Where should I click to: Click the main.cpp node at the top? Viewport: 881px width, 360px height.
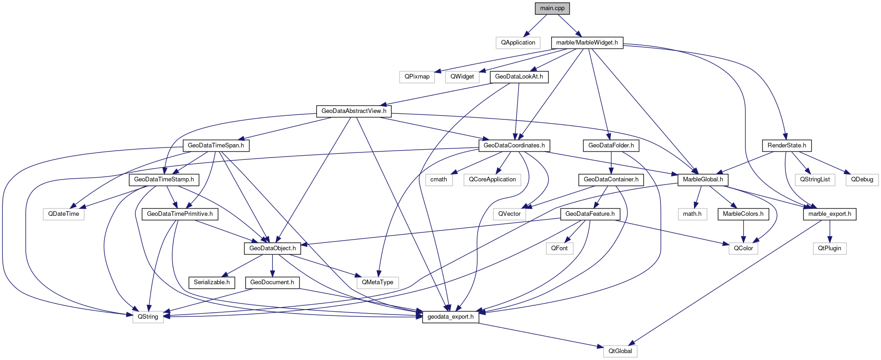tap(552, 8)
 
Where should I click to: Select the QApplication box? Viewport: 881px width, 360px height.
tap(518, 43)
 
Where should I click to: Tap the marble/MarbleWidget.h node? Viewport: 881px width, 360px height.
tap(587, 43)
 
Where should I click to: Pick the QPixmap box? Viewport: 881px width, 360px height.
tap(417, 77)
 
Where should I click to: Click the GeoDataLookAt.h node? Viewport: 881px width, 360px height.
tap(519, 77)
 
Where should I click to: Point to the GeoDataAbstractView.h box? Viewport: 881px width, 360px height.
tap(353, 111)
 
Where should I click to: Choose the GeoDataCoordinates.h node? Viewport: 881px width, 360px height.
tap(514, 146)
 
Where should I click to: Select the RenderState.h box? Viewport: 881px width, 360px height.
tap(786, 146)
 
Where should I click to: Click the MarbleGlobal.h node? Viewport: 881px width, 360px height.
tap(702, 180)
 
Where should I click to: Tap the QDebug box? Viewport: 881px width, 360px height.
tap(862, 180)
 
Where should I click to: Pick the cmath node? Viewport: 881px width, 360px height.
tap(438, 180)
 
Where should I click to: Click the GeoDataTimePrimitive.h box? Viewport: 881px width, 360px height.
tap(180, 214)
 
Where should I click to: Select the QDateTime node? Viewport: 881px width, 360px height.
tap(63, 214)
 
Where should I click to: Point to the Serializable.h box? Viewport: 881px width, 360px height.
tap(211, 282)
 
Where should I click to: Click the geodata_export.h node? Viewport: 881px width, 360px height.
tap(450, 317)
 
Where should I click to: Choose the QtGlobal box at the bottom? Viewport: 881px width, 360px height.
tap(620, 351)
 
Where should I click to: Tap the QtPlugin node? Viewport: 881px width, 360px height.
tap(829, 248)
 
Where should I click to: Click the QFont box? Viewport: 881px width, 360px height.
tap(559, 248)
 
